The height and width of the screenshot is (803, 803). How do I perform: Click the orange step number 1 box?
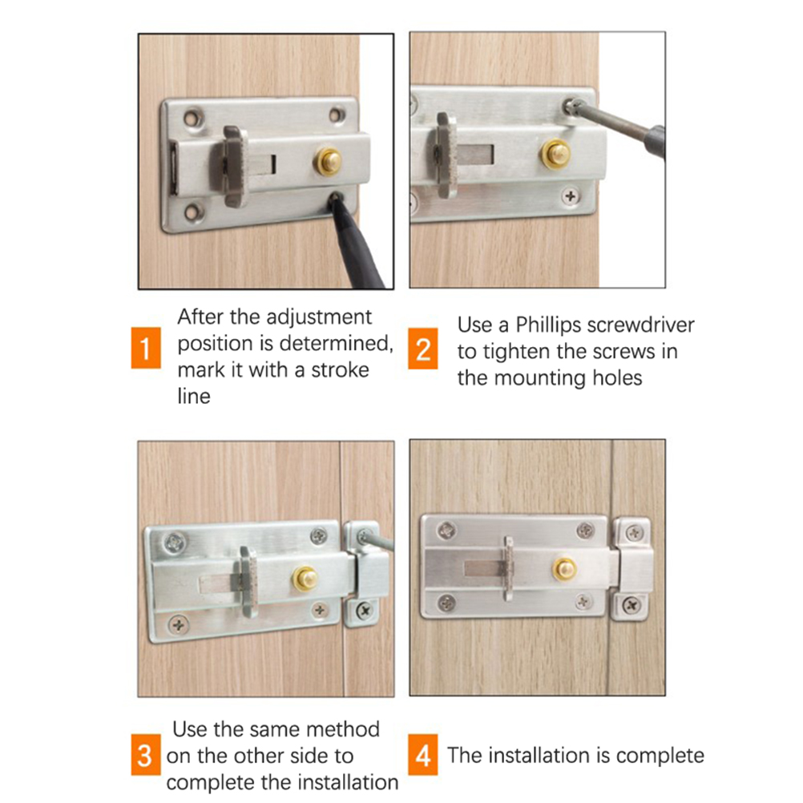(146, 348)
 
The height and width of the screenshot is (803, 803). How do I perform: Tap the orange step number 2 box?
(423, 349)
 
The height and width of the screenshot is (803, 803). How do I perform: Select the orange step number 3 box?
(146, 755)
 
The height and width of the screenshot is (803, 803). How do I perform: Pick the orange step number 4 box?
(423, 755)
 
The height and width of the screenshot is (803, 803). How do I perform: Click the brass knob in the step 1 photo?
(328, 161)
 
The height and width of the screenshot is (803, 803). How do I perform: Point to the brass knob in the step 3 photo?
(305, 578)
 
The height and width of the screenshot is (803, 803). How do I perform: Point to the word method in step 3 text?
(343, 728)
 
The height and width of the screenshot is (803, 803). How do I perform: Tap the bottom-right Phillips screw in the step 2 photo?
(570, 196)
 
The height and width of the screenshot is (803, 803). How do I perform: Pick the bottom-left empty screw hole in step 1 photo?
(194, 211)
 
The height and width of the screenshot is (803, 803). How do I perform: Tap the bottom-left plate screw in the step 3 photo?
(179, 624)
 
